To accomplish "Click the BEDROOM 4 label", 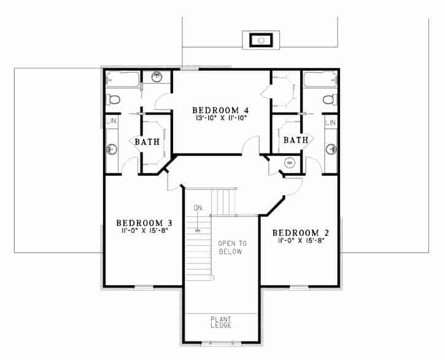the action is click(x=220, y=110).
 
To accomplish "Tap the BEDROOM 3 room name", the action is click(x=144, y=222).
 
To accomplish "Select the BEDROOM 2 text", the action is click(x=301, y=233).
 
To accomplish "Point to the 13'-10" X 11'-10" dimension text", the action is click(x=220, y=118).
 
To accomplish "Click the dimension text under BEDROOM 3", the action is click(x=143, y=230).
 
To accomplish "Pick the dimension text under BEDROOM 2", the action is click(x=301, y=241).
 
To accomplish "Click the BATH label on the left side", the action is click(x=147, y=141).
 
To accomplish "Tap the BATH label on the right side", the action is click(x=296, y=140).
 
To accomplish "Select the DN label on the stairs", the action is click(x=198, y=208).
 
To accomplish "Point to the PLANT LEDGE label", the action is click(x=221, y=322).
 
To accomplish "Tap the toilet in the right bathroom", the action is click(x=330, y=100).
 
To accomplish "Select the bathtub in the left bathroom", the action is click(x=123, y=79).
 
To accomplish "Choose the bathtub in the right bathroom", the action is click(x=320, y=79).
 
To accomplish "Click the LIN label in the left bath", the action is click(x=112, y=121).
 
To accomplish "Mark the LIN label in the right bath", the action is click(x=331, y=123).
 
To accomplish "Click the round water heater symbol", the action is click(x=290, y=163).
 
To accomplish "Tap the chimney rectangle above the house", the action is click(x=261, y=40).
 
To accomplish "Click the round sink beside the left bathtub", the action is click(x=157, y=76).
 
